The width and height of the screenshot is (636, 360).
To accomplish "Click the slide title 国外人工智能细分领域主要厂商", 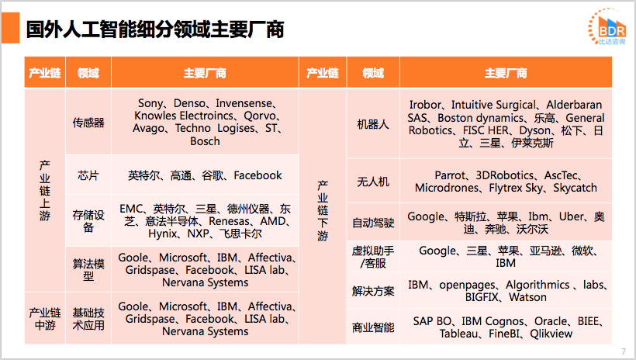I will coord(154,30).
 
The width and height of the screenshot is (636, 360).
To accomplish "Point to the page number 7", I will coord(623,351).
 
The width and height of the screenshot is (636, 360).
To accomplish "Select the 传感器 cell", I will coord(88,123).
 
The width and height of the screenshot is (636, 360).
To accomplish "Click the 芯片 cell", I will coord(88,175).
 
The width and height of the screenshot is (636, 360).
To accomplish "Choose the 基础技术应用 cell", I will coord(88,319).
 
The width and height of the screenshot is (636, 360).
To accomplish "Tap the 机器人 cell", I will coord(372,124).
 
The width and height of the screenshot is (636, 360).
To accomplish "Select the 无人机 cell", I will coord(372,182).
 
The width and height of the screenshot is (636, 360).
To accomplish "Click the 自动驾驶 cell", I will coord(372,223).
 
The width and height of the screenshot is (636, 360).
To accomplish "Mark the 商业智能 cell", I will coord(372,327).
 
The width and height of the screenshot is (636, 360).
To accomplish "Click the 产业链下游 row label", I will coord(323,211).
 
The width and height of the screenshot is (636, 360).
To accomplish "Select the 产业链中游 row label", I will coord(45,319).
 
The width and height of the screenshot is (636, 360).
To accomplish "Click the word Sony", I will coord(150,103).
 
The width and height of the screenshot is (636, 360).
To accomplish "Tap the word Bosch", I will coord(205,141).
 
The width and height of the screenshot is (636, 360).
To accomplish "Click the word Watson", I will coord(527,297).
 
